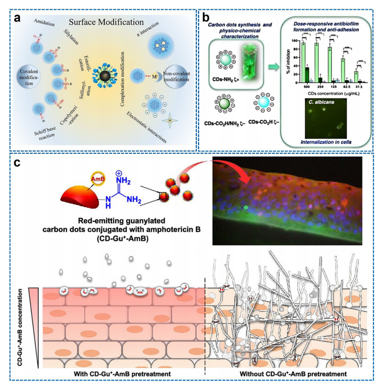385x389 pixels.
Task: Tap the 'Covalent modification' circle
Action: point(27,78)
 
